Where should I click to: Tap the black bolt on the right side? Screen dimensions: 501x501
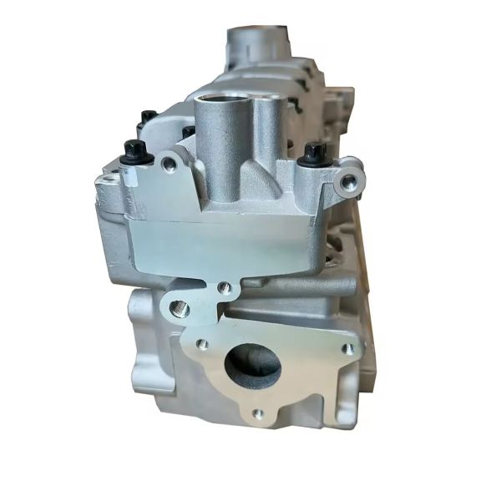313,153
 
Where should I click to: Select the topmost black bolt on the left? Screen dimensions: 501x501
148,116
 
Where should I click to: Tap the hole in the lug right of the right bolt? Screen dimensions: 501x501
347,180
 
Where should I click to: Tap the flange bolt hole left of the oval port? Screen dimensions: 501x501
201,343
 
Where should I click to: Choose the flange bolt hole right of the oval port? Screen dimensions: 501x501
346,349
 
